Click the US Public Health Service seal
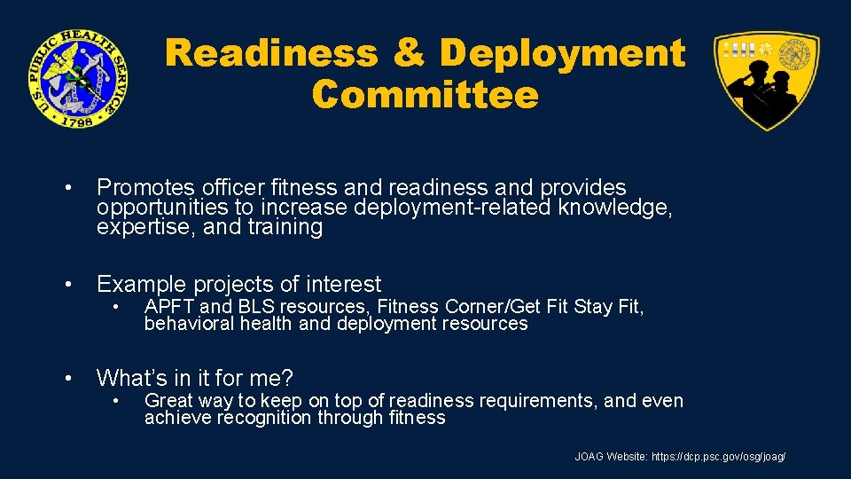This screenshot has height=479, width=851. tap(77, 77)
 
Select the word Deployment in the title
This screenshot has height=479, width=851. tap(562, 53)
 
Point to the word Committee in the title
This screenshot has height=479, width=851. tap(425, 94)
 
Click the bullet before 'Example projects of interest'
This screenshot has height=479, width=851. tap(68, 285)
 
